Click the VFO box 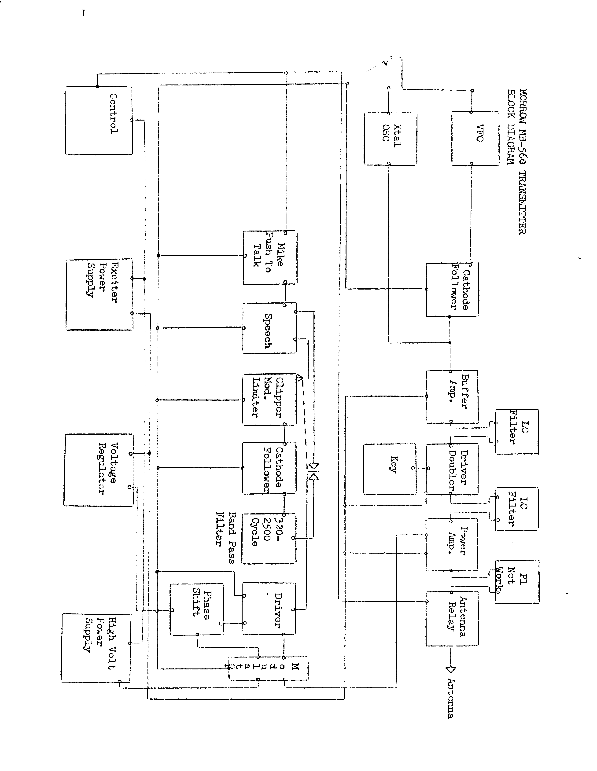point(475,138)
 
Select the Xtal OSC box point(390,138)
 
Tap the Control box point(99,120)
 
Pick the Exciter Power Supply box point(99,295)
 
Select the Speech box point(269,328)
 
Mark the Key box point(390,469)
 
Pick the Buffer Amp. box point(452,397)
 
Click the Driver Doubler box point(452,469)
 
